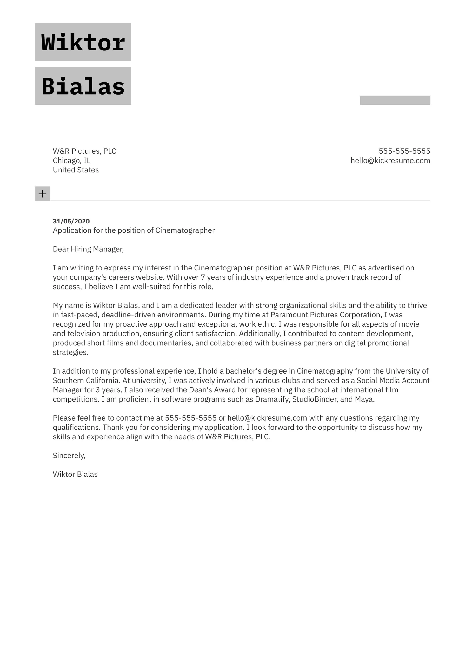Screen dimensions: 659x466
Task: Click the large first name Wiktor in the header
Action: (x=83, y=42)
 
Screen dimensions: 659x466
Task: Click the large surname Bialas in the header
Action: (x=83, y=86)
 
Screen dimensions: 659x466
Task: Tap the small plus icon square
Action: (x=43, y=194)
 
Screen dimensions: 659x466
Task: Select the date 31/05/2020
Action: (x=71, y=221)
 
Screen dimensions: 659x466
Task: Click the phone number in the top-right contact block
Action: (x=404, y=151)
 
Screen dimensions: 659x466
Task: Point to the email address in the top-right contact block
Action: (x=390, y=161)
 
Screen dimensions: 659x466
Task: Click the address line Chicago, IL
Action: (x=71, y=161)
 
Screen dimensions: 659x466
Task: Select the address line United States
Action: (x=76, y=170)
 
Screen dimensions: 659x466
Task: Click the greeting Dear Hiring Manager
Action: (x=88, y=249)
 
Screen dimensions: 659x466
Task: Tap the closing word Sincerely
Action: (x=69, y=456)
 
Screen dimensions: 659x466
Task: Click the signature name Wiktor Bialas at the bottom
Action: (x=75, y=475)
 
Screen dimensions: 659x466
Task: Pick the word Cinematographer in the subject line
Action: (x=185, y=230)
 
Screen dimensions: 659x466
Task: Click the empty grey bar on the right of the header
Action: (x=395, y=100)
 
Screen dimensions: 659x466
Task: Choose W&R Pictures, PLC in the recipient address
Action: (x=84, y=151)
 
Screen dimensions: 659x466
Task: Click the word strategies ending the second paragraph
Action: (x=70, y=352)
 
